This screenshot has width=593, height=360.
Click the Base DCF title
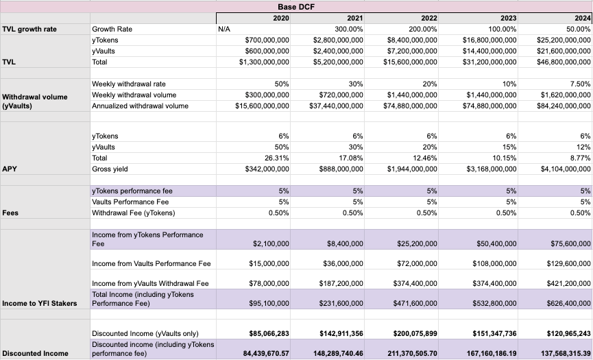296,5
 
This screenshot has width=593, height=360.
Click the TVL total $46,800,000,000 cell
556,62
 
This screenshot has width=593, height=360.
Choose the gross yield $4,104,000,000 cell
556,169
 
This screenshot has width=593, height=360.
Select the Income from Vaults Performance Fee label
152,264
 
